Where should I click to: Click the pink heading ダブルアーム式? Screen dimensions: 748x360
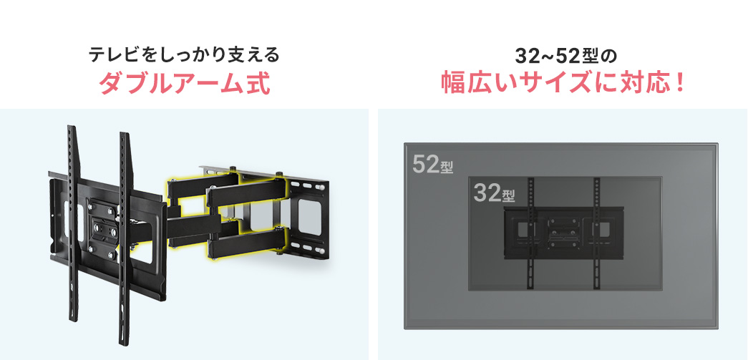185,83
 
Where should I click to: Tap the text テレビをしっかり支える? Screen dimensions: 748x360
184,55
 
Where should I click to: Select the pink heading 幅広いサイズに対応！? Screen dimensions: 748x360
563,83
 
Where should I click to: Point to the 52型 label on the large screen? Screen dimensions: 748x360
432,165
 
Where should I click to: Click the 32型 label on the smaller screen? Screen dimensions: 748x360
495,193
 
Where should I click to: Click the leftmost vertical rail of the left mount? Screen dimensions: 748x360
72,224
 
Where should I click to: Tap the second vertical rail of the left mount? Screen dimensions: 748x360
125,238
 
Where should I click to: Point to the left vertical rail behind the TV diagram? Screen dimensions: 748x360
530,233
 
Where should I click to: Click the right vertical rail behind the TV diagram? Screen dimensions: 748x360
596,233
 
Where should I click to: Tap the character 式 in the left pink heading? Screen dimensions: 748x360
258,83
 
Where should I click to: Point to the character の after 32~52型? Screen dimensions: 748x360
610,57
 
